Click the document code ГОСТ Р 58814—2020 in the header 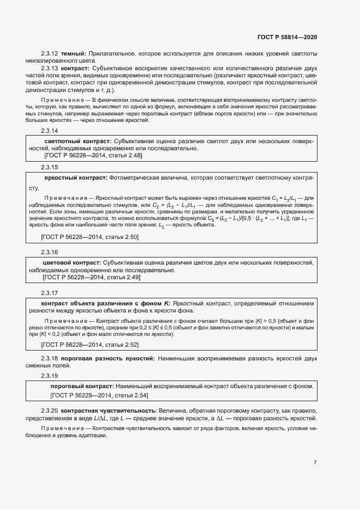pyautogui.click(x=286, y=37)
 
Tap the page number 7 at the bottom pyautogui.click(x=315, y=463)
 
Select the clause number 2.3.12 pyautogui.click(x=49, y=53)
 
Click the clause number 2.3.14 pyautogui.click(x=49, y=131)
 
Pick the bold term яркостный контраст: pyautogui.click(x=75, y=177)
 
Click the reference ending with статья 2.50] pyautogui.click(x=90, y=237)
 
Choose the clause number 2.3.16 pyautogui.click(x=49, y=252)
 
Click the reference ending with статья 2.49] pyautogui.click(x=91, y=277)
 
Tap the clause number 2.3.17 pyautogui.click(x=49, y=292)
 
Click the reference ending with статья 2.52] pyautogui.click(x=90, y=345)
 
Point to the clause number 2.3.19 pyautogui.click(x=49, y=376)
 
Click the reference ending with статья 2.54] pyautogui.click(x=99, y=395)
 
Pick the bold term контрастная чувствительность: pyautogui.click(x=109, y=410)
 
